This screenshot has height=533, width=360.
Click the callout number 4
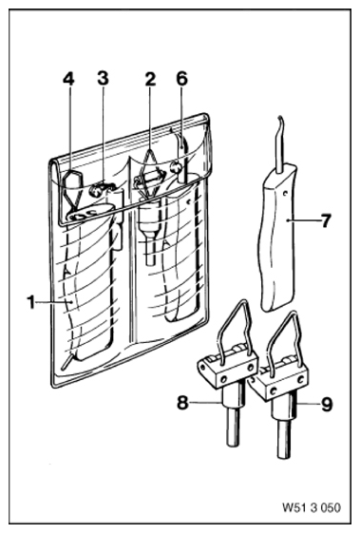tap(68, 79)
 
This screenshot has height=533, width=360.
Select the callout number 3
tap(103, 78)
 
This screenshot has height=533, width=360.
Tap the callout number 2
tap(150, 79)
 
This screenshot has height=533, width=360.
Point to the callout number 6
tap(181, 79)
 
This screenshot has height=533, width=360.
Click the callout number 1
tap(31, 302)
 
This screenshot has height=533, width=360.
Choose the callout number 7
tap(325, 221)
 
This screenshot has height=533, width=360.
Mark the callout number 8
tap(182, 403)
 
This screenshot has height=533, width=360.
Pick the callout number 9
tap(327, 405)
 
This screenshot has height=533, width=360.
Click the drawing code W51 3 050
tap(311, 508)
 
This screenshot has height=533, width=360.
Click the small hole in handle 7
tap(285, 195)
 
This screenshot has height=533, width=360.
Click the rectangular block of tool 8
tap(228, 369)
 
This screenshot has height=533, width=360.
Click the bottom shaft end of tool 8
tap(234, 444)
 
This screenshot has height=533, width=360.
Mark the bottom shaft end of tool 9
tap(284, 456)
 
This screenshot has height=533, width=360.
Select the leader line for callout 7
tap(303, 220)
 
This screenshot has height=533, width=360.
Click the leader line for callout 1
tap(54, 302)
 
